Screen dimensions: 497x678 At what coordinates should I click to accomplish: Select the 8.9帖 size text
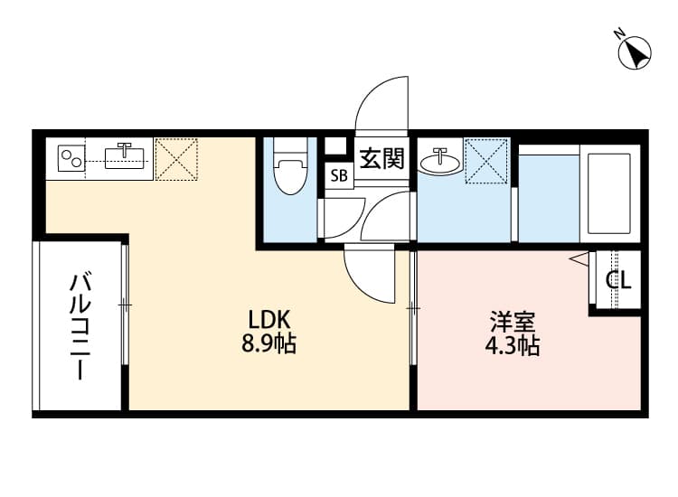tap(268, 343)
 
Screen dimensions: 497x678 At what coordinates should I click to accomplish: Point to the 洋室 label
tap(513, 322)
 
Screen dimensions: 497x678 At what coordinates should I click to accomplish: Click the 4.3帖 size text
tap(513, 345)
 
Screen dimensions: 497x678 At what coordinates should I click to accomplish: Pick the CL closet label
tap(618, 280)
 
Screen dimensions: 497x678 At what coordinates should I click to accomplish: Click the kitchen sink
tap(125, 158)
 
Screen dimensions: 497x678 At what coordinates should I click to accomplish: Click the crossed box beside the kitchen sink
tap(175, 159)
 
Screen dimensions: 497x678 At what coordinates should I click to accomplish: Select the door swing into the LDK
tap(371, 276)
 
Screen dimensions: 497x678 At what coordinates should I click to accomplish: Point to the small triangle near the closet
tap(578, 259)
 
